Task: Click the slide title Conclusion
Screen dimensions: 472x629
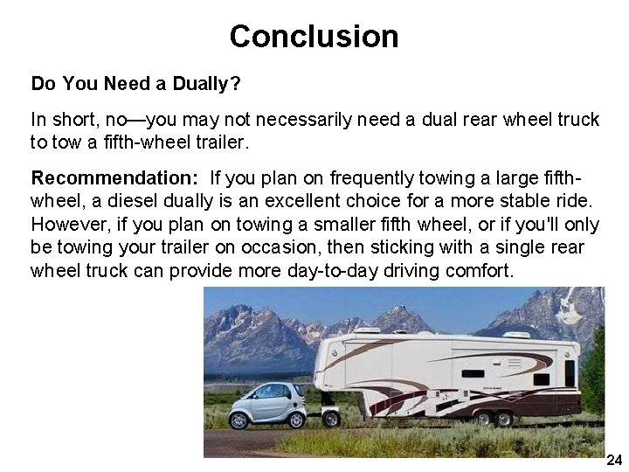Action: [314, 37]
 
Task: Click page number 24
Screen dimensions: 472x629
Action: [613, 460]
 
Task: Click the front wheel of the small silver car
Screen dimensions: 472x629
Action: [238, 418]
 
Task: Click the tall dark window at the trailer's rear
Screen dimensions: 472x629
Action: [570, 372]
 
